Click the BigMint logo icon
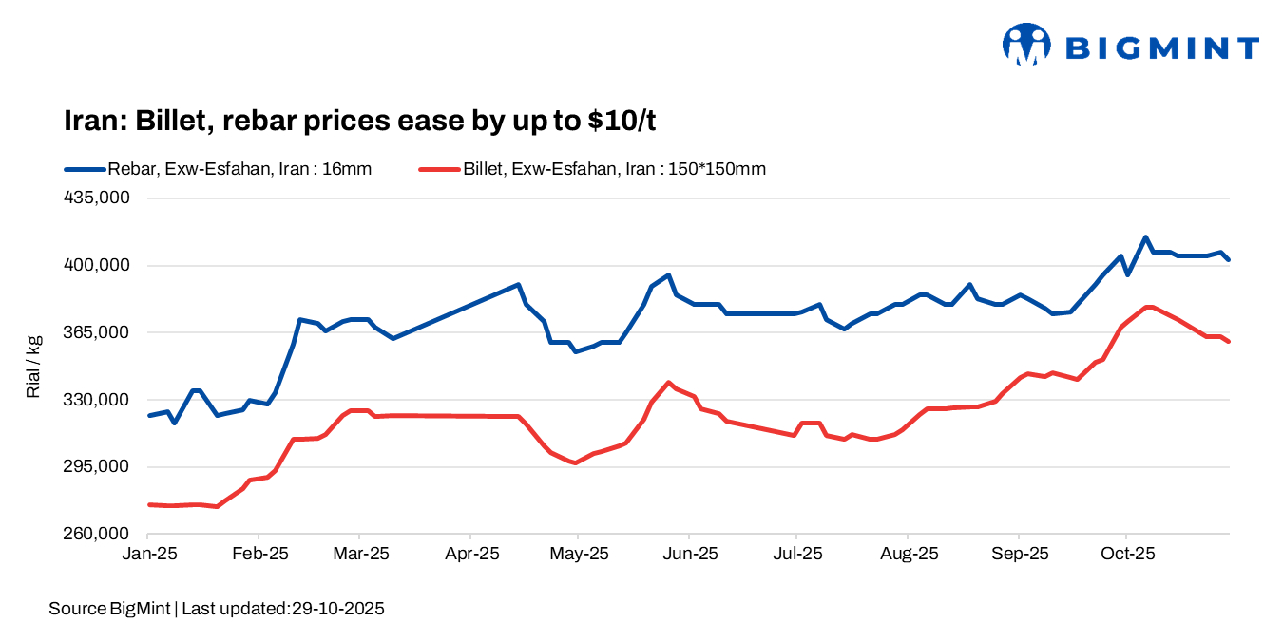pos(1026,45)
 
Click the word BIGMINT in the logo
pos(1161,47)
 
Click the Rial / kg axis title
pos(34,367)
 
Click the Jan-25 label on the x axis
pos(149,554)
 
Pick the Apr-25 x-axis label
pos(471,554)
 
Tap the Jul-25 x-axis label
pos(796,554)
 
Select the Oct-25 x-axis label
pos(1126,554)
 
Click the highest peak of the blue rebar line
pos(1146,237)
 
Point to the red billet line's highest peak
pos(1150,307)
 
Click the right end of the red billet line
pos(1229,342)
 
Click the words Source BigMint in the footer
pos(108,609)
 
